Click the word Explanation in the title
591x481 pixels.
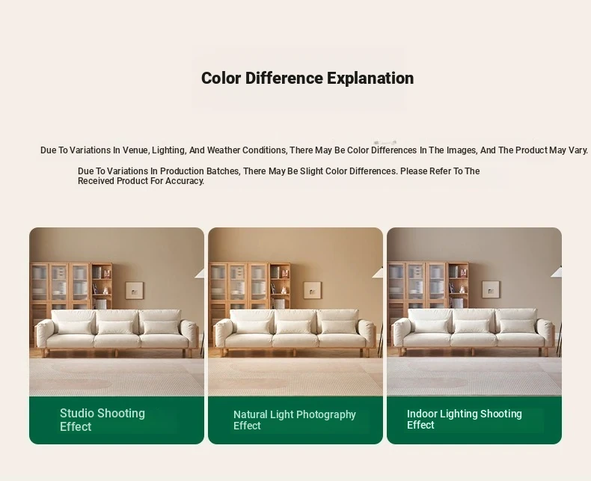370,79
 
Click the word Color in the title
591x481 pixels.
221,78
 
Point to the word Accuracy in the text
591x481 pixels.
185,181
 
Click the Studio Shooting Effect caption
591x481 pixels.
102,420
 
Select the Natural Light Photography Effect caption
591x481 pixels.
294,420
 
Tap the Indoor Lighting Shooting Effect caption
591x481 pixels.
465,419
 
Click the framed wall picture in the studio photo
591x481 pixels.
134,290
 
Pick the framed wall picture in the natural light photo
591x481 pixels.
313,290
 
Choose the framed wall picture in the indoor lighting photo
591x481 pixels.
491,289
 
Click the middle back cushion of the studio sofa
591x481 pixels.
117,319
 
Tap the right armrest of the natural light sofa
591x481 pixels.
367,333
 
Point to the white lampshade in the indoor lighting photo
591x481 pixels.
556,272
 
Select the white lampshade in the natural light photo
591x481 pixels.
378,272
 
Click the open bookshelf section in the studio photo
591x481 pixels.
102,287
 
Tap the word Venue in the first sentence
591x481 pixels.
137,150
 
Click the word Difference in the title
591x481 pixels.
284,78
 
